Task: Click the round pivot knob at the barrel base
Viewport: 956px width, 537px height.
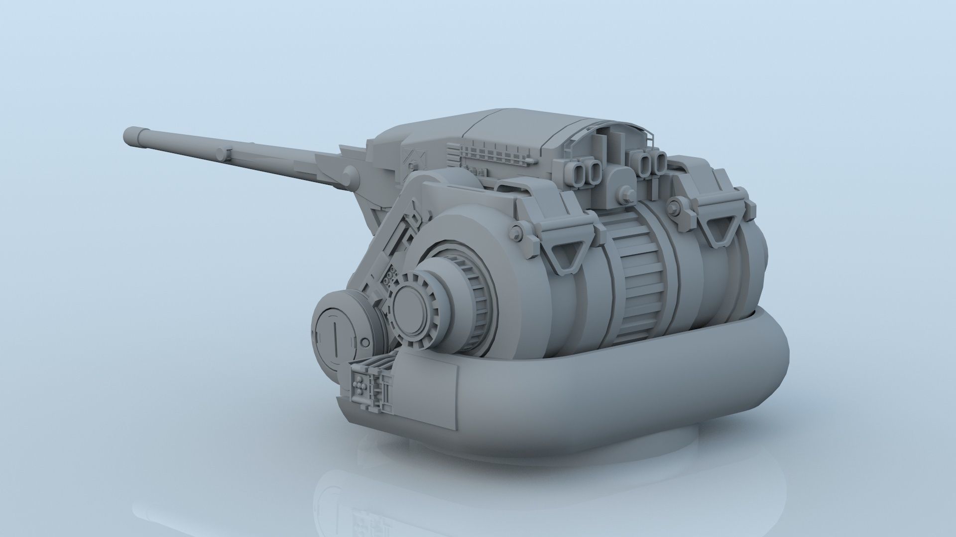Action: [x=350, y=175]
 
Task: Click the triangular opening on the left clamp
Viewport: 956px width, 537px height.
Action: [x=564, y=254]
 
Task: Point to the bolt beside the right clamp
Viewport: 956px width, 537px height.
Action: [x=676, y=204]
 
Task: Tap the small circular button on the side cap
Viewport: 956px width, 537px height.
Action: [x=366, y=343]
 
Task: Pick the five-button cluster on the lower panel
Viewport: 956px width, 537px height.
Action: [x=359, y=385]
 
